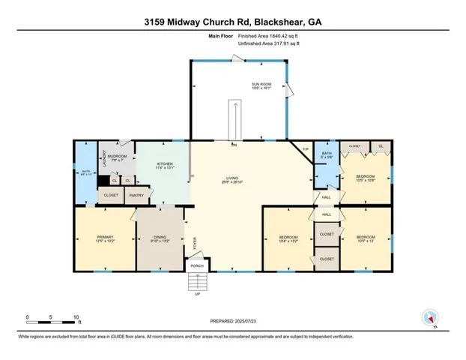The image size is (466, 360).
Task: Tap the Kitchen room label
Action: click(x=165, y=164)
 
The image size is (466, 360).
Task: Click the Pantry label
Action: click(x=136, y=196)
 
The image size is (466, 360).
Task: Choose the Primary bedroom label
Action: click(x=103, y=239)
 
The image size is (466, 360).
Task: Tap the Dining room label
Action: click(x=162, y=239)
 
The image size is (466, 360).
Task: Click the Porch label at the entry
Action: click(x=196, y=265)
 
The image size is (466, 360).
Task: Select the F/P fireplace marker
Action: click(x=305, y=150)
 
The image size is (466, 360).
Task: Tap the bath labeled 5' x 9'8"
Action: click(x=327, y=155)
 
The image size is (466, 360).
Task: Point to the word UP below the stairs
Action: click(x=196, y=294)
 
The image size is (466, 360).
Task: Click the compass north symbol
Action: click(x=429, y=318)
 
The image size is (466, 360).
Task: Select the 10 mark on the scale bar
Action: click(x=76, y=316)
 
